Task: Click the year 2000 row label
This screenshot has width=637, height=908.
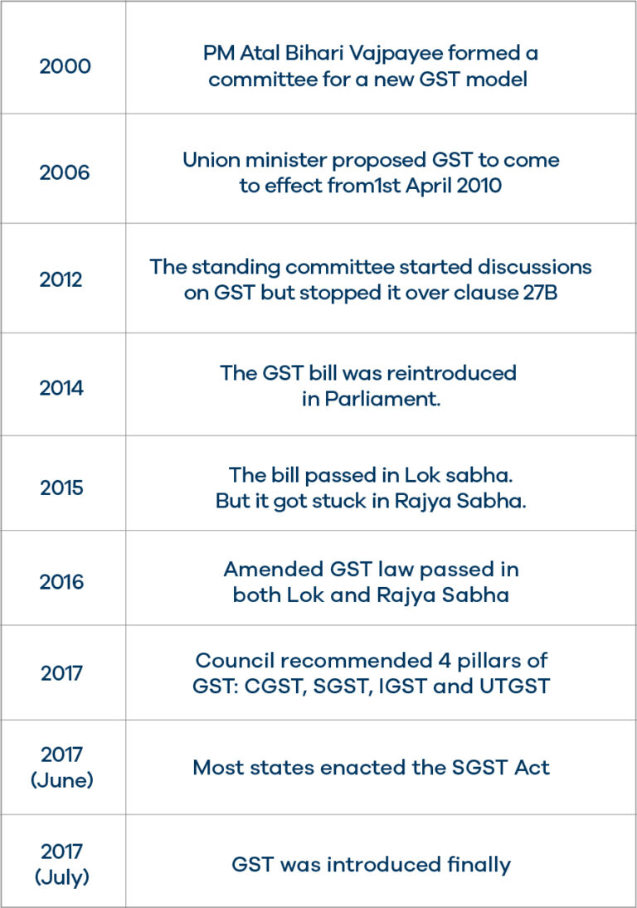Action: [x=64, y=66]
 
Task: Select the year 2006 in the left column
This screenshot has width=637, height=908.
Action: [x=64, y=173]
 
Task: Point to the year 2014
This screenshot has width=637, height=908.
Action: [x=62, y=387]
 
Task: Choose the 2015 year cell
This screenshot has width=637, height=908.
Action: [x=62, y=488]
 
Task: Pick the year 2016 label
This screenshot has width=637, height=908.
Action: [x=62, y=582]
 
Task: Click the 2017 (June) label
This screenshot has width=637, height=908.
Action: [x=62, y=767]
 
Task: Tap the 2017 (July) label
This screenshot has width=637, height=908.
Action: [x=62, y=864]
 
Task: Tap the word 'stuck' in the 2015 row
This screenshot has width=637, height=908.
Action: [x=348, y=502]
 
